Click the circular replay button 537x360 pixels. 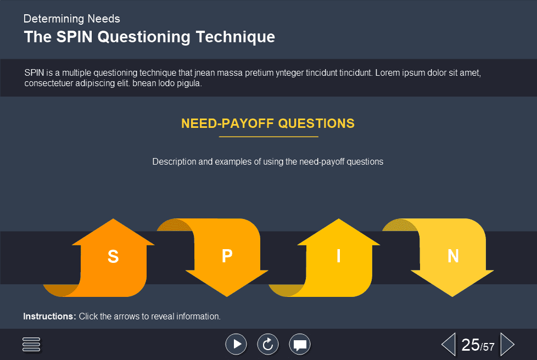coord(268,344)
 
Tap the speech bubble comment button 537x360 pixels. coord(300,344)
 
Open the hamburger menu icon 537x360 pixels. coord(31,344)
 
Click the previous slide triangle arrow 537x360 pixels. coord(448,344)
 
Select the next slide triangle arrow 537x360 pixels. coord(507,344)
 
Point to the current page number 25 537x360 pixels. coord(471,345)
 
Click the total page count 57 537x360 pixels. coord(489,347)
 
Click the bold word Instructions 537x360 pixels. coord(49,317)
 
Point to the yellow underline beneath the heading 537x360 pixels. coord(268,137)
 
